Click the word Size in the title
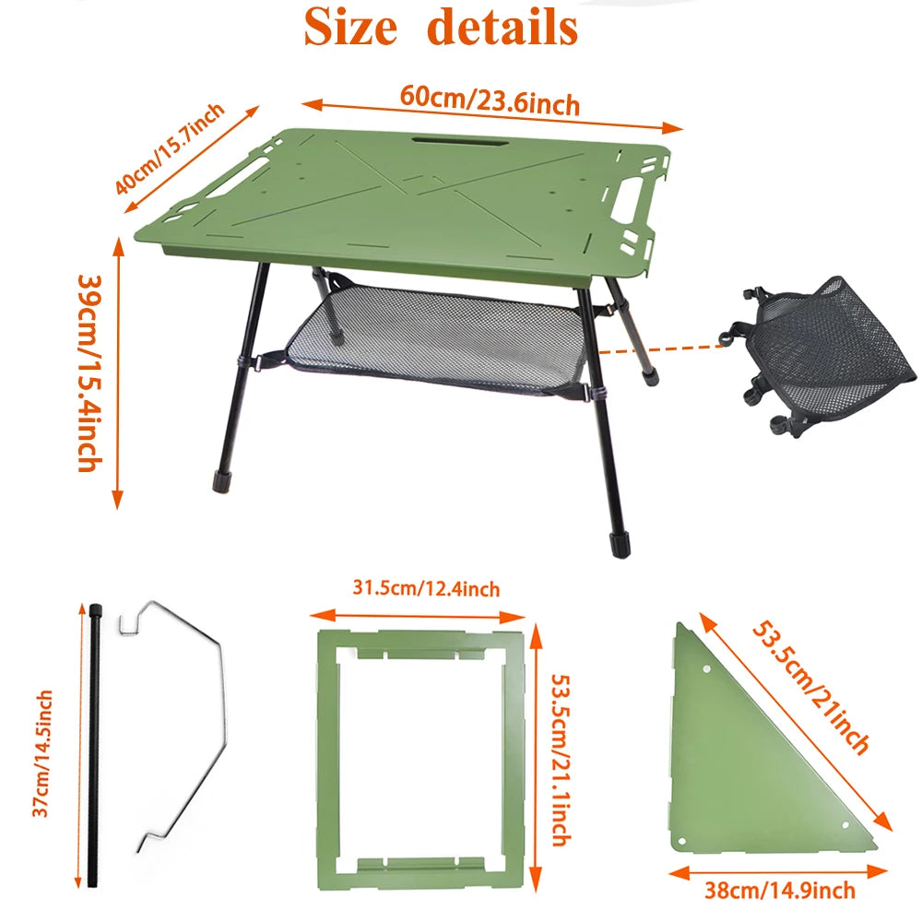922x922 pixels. [x=350, y=27]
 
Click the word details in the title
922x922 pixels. [x=502, y=27]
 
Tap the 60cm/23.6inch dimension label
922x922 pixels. [x=490, y=100]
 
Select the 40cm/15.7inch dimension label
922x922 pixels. [x=170, y=148]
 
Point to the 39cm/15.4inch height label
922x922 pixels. [x=90, y=373]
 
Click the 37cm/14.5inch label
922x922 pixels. [x=41, y=753]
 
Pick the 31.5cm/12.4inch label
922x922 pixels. [x=426, y=588]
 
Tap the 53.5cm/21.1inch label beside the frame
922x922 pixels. [x=561, y=760]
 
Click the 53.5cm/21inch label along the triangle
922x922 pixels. [x=810, y=687]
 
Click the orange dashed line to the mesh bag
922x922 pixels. [x=662, y=349]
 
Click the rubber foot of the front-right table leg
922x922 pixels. [x=621, y=544]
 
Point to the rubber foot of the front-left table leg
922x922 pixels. [x=222, y=481]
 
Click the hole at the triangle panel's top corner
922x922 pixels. [x=706, y=669]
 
